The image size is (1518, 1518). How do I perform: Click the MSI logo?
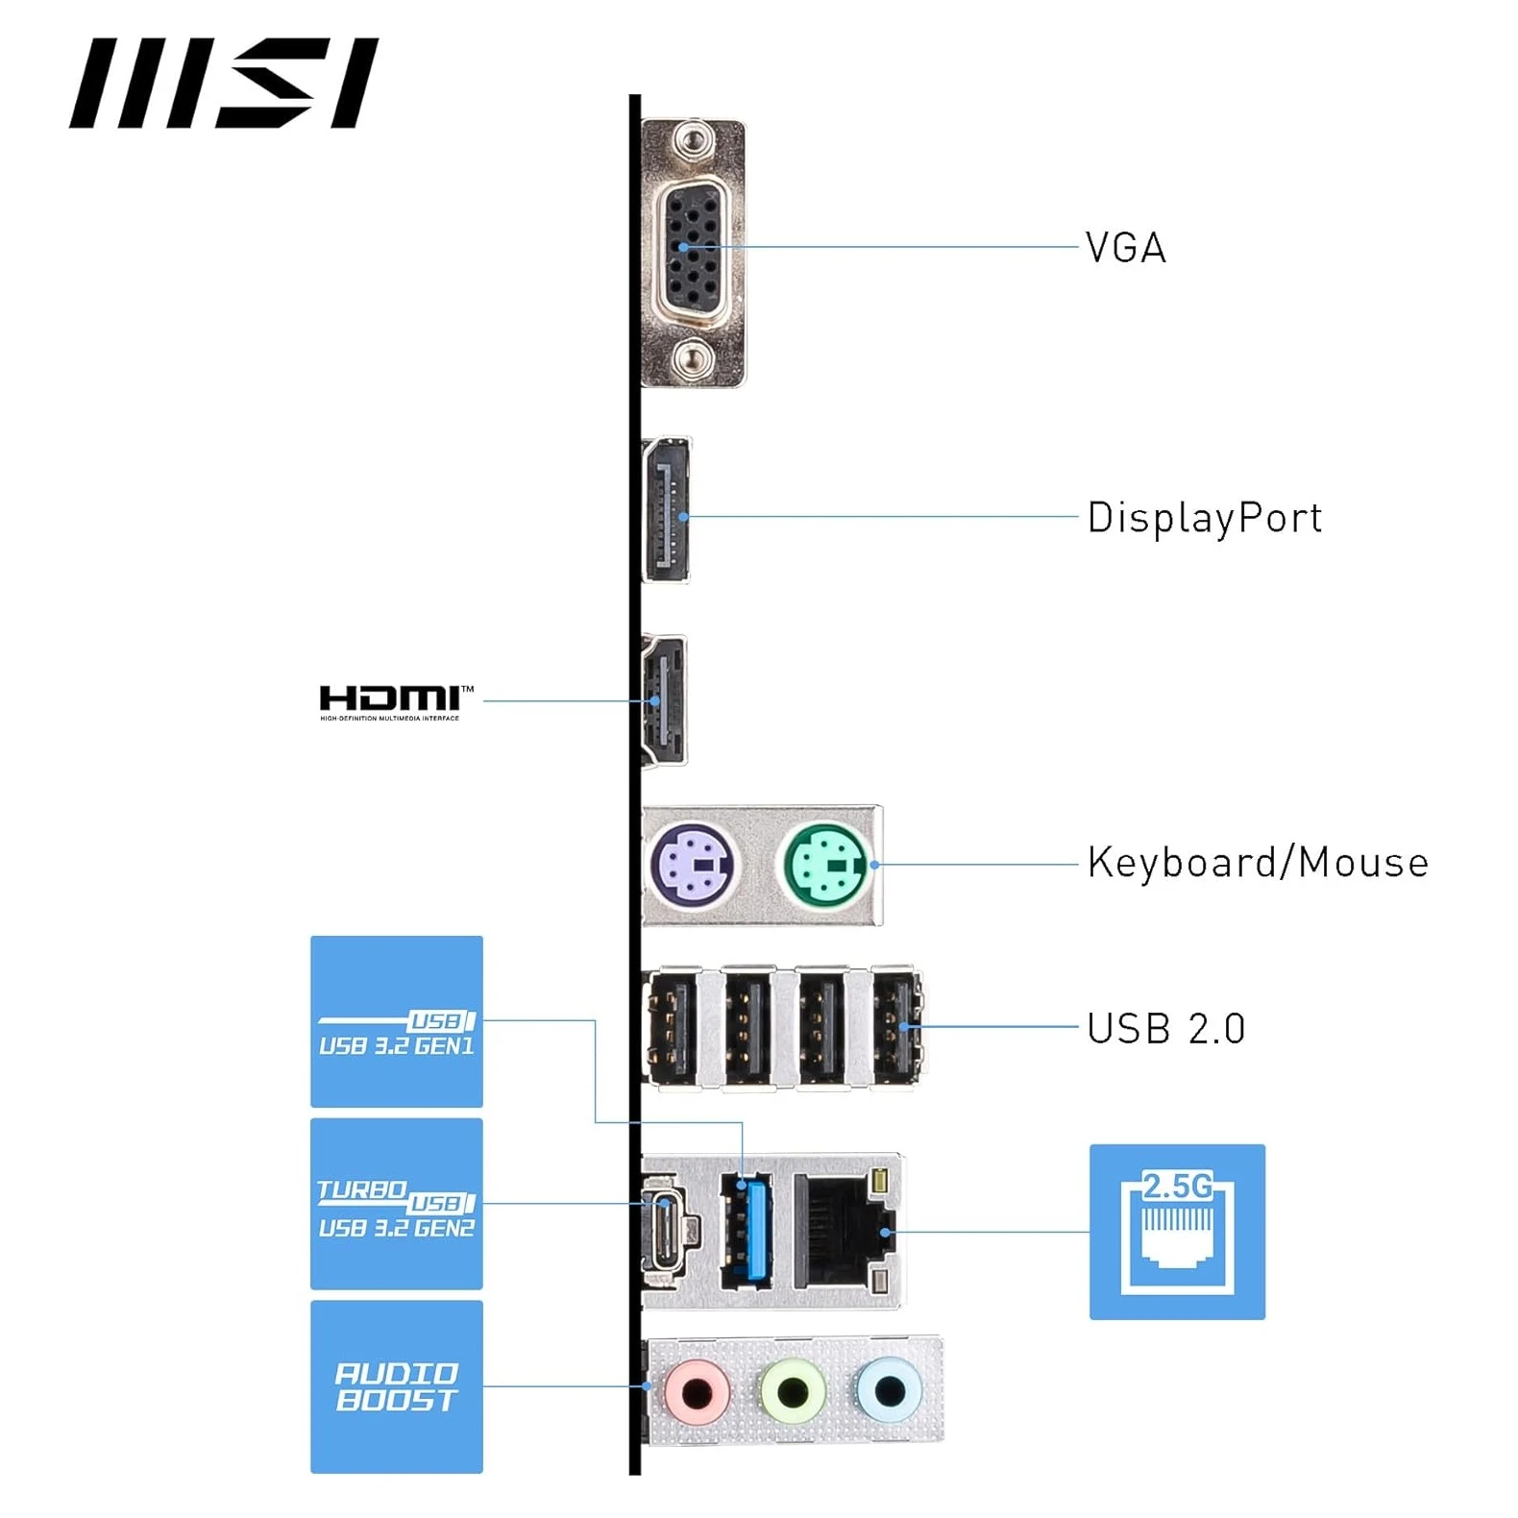coord(223,84)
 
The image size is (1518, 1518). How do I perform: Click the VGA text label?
coord(1125,248)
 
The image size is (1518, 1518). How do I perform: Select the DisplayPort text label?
coord(1204,518)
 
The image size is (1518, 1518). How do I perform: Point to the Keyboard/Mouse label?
coord(1257,863)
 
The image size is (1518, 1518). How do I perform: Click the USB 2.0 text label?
coord(1165,1029)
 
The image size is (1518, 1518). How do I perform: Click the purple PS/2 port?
coord(693,865)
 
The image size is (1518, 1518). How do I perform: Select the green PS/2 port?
coord(825,865)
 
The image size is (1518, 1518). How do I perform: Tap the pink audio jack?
coord(698,1390)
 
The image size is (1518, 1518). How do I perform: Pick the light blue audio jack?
coord(890,1388)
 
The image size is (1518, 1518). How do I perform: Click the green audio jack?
coord(793,1389)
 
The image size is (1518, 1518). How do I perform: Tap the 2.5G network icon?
coord(1177,1232)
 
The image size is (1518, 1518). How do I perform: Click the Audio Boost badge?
coord(396,1386)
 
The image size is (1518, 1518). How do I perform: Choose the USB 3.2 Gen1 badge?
coord(396,1021)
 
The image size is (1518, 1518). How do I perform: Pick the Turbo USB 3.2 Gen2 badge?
coord(396,1204)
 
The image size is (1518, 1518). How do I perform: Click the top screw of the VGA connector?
coord(692,143)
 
